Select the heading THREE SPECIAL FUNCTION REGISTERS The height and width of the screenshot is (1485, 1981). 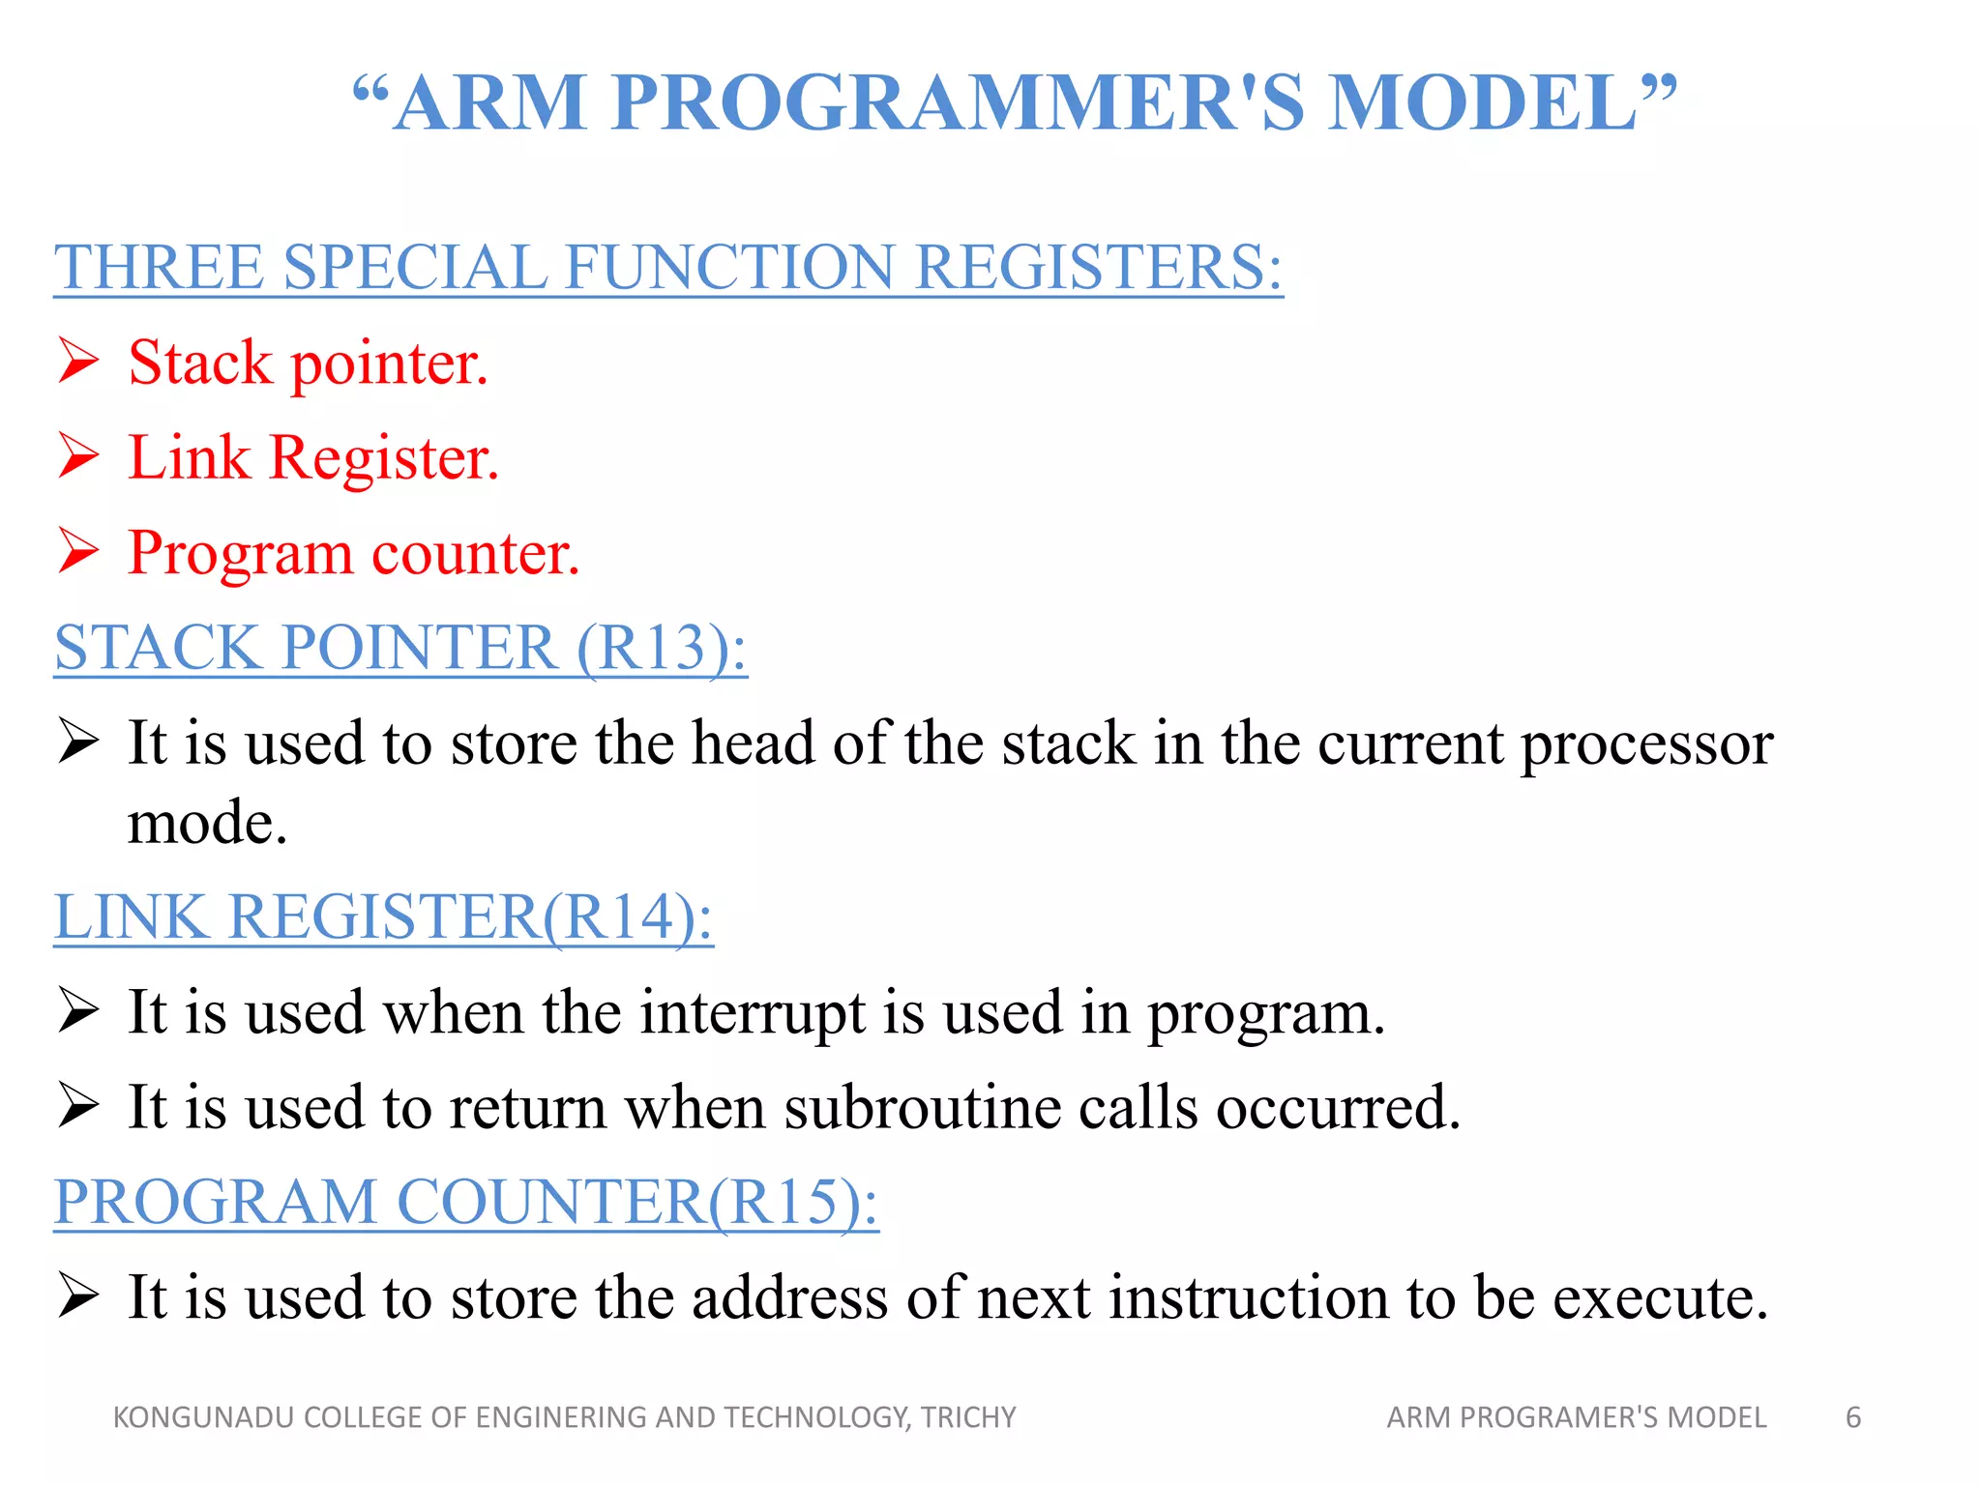667,267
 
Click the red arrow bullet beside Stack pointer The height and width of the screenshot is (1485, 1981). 79,362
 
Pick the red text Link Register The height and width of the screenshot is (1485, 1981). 313,457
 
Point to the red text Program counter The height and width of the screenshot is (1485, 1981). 353,553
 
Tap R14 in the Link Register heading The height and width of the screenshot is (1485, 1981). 619,916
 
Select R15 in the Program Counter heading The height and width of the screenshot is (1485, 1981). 784,1202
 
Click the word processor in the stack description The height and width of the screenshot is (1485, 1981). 1646,744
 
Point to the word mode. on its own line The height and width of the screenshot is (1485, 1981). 207,824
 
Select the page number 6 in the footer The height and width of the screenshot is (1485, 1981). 1852,1417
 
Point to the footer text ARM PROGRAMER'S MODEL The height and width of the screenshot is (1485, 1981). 1576,1417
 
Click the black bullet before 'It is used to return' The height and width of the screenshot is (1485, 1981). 79,1106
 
